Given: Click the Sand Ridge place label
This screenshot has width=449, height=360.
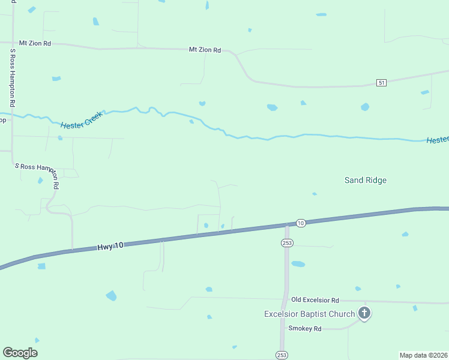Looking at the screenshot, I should tap(365, 180).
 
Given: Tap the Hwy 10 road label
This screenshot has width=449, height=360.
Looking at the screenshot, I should tap(110, 246).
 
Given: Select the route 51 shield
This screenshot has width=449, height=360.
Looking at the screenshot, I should tap(381, 82).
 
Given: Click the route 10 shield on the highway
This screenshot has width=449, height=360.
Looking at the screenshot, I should tap(301, 223).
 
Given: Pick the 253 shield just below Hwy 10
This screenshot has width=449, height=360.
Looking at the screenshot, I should tap(286, 242).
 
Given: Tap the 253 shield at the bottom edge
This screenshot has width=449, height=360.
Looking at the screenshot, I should tap(282, 355).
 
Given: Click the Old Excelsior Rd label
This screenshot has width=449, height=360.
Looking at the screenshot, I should tap(315, 299).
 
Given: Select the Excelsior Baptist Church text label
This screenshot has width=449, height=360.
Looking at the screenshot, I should tap(310, 314).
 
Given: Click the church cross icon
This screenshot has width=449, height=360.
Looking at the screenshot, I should tap(364, 313).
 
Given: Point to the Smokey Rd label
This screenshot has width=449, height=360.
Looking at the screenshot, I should tap(305, 328).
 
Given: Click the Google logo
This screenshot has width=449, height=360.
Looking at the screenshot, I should tap(20, 353).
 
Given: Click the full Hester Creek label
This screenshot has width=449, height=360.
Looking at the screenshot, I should tap(82, 121).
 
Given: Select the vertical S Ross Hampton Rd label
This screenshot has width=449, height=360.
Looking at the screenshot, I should tap(11, 79).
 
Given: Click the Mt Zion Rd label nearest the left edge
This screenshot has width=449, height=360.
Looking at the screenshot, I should tap(35, 43).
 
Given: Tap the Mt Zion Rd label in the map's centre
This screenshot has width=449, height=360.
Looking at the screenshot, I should tap(205, 50).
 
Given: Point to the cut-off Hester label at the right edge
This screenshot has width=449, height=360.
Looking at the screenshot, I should tap(438, 140).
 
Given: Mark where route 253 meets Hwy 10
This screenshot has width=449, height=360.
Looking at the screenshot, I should tap(287, 226).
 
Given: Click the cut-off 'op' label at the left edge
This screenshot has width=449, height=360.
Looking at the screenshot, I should tap(3, 120).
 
